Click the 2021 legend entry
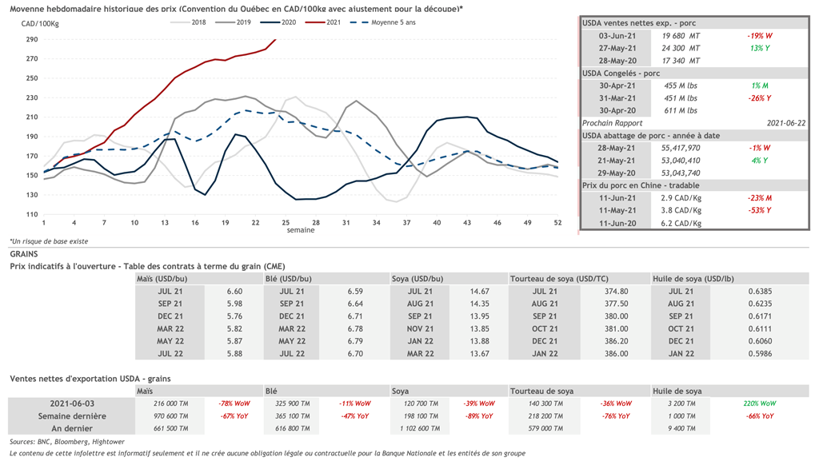click(x=334, y=22)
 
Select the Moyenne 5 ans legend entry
click(x=394, y=22)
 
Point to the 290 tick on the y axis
click(x=32, y=39)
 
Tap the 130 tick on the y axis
click(x=32, y=195)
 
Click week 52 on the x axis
click(x=557, y=222)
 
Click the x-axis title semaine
click(x=301, y=230)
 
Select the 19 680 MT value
click(x=682, y=36)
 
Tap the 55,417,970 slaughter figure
click(x=681, y=148)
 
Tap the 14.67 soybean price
click(x=480, y=292)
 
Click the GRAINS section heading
click(x=24, y=253)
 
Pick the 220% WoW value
click(x=759, y=403)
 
